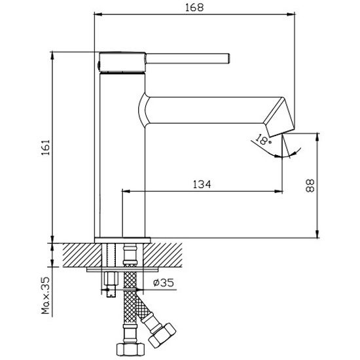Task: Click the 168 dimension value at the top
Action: (194, 7)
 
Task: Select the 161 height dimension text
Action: (46, 147)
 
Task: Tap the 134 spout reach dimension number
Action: (202, 184)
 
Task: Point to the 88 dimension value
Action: (310, 185)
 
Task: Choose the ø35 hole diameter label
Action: (164, 283)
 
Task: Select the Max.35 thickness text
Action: (45, 295)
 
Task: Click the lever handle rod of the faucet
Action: (188, 58)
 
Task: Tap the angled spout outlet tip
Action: (279, 117)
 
